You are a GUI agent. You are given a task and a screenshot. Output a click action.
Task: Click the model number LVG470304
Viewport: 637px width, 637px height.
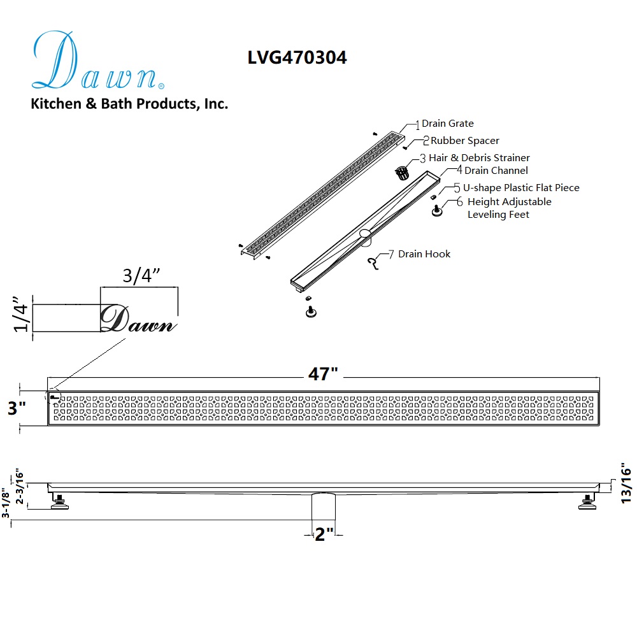click(x=297, y=57)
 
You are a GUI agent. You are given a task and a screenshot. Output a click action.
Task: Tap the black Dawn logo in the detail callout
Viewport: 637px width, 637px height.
click(x=138, y=318)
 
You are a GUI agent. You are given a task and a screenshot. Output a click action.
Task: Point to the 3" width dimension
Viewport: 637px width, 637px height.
click(x=17, y=408)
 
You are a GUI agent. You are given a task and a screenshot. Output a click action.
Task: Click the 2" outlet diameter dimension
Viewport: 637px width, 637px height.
click(x=324, y=534)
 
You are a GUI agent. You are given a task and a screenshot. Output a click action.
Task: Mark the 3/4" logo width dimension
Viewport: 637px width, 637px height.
click(x=141, y=275)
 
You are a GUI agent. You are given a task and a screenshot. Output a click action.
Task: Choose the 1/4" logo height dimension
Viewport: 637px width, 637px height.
click(x=21, y=314)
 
